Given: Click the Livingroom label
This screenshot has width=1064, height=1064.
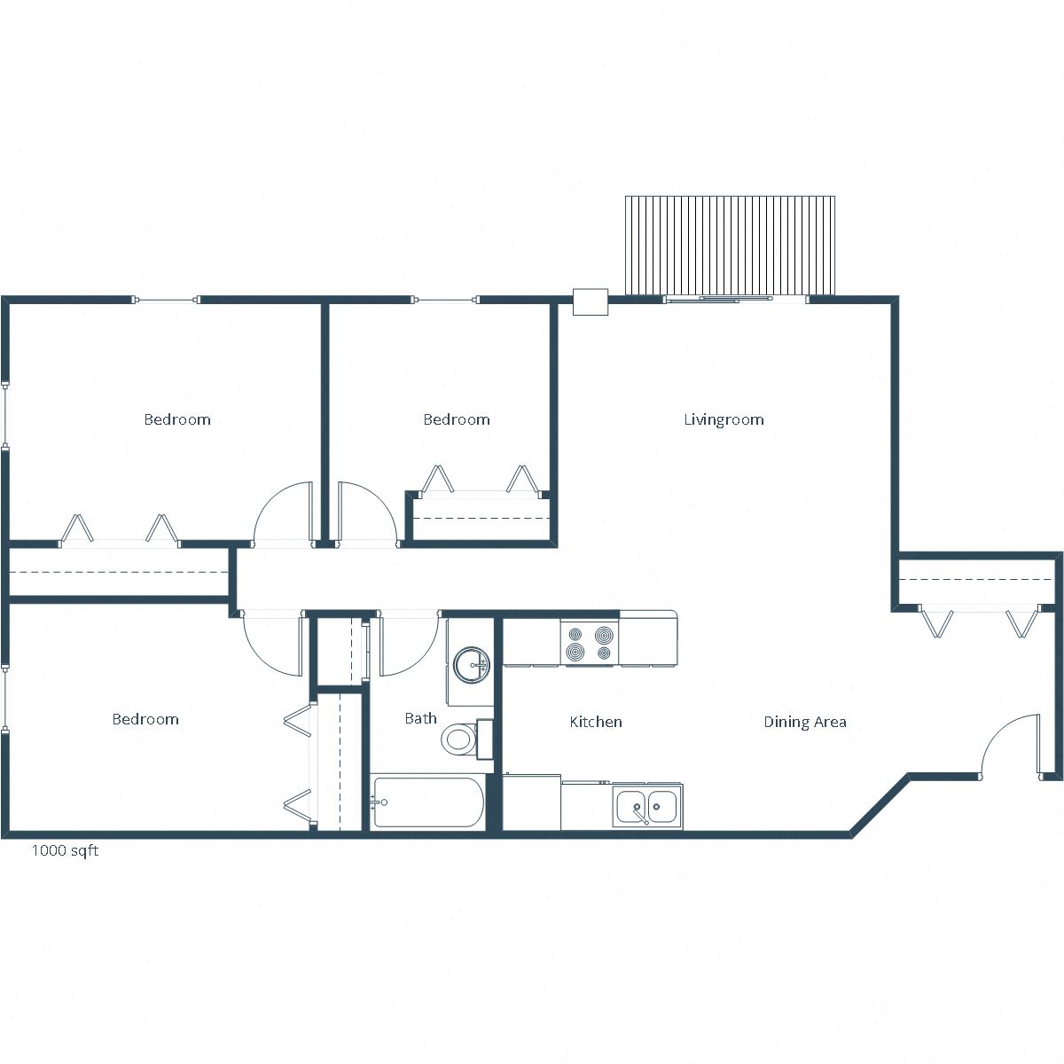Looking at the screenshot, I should coord(724,419).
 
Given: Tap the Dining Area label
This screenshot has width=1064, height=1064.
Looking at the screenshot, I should coord(805,722).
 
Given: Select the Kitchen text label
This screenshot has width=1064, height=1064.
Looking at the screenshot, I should coord(596,722).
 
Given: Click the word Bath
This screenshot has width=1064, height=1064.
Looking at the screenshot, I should coord(420,718).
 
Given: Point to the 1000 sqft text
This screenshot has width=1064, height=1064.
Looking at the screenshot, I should coord(65,850).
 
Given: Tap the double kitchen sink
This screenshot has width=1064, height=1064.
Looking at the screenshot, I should coord(648,806).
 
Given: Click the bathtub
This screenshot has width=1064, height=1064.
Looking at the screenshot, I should coord(427,802).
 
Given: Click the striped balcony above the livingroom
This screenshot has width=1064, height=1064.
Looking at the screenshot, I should coord(730,246).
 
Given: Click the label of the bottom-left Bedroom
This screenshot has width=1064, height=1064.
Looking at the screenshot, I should coord(145,719).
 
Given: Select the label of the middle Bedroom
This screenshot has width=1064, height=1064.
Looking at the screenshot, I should coord(456,419).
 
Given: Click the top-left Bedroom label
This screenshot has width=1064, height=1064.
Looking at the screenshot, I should coord(177,419).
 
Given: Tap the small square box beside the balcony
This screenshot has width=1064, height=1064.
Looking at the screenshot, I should coord(590,301).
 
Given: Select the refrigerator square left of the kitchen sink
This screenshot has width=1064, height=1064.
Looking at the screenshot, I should coord(532,803).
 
